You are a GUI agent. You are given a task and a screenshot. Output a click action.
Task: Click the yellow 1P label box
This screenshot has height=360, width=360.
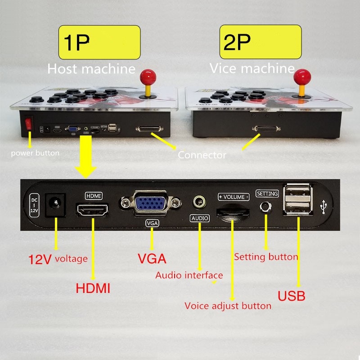99,42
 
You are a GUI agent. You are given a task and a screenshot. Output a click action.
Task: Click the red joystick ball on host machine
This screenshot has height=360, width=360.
147,76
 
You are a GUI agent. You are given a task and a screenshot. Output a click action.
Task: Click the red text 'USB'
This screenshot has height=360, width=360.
291,296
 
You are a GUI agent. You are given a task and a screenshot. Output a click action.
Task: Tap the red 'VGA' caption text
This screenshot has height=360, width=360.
152,259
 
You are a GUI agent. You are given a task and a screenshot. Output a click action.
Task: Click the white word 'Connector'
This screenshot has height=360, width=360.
202,155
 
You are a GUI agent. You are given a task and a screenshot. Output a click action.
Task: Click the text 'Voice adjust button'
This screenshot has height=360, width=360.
228,306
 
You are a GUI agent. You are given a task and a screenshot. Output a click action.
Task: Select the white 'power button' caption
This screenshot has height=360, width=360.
35,153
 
